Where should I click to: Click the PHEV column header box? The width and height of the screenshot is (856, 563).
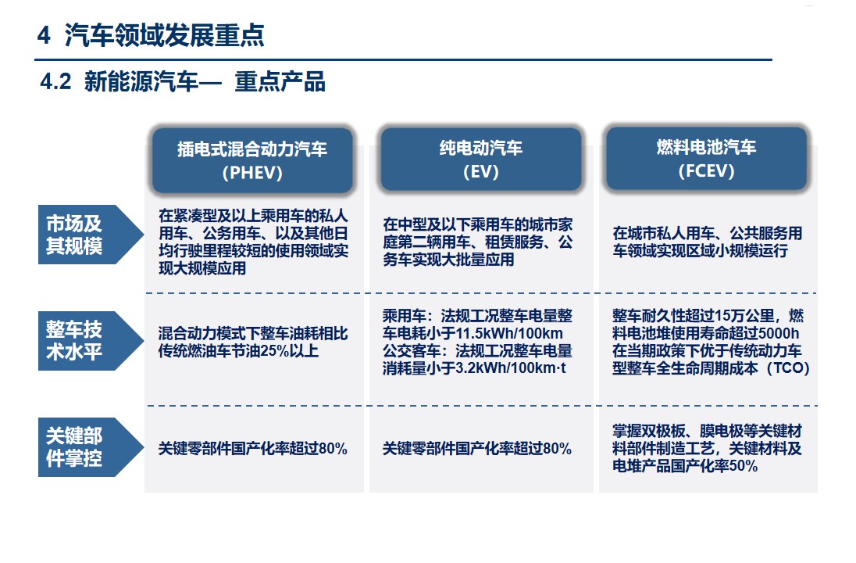252,160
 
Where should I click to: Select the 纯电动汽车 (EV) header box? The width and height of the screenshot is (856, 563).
481,159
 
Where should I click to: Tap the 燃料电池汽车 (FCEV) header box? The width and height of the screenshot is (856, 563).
706,159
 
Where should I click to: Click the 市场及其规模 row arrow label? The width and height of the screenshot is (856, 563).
91,235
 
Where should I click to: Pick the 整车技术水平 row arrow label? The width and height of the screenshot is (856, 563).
91,340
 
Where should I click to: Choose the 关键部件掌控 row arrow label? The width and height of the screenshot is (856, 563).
91,447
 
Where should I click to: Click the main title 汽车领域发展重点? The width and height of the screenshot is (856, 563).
164,35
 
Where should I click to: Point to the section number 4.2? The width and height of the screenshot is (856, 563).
55,82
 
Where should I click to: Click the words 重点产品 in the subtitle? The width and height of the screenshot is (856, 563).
280,82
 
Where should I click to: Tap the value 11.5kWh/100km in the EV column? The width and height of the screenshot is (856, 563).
501,333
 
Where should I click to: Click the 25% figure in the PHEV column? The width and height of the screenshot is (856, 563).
275,351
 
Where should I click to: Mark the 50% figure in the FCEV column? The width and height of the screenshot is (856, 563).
743,466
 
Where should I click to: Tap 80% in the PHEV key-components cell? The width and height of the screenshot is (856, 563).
333,449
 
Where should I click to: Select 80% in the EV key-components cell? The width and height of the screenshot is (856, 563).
558,449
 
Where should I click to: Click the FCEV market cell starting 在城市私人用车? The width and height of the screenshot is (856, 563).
708,242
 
